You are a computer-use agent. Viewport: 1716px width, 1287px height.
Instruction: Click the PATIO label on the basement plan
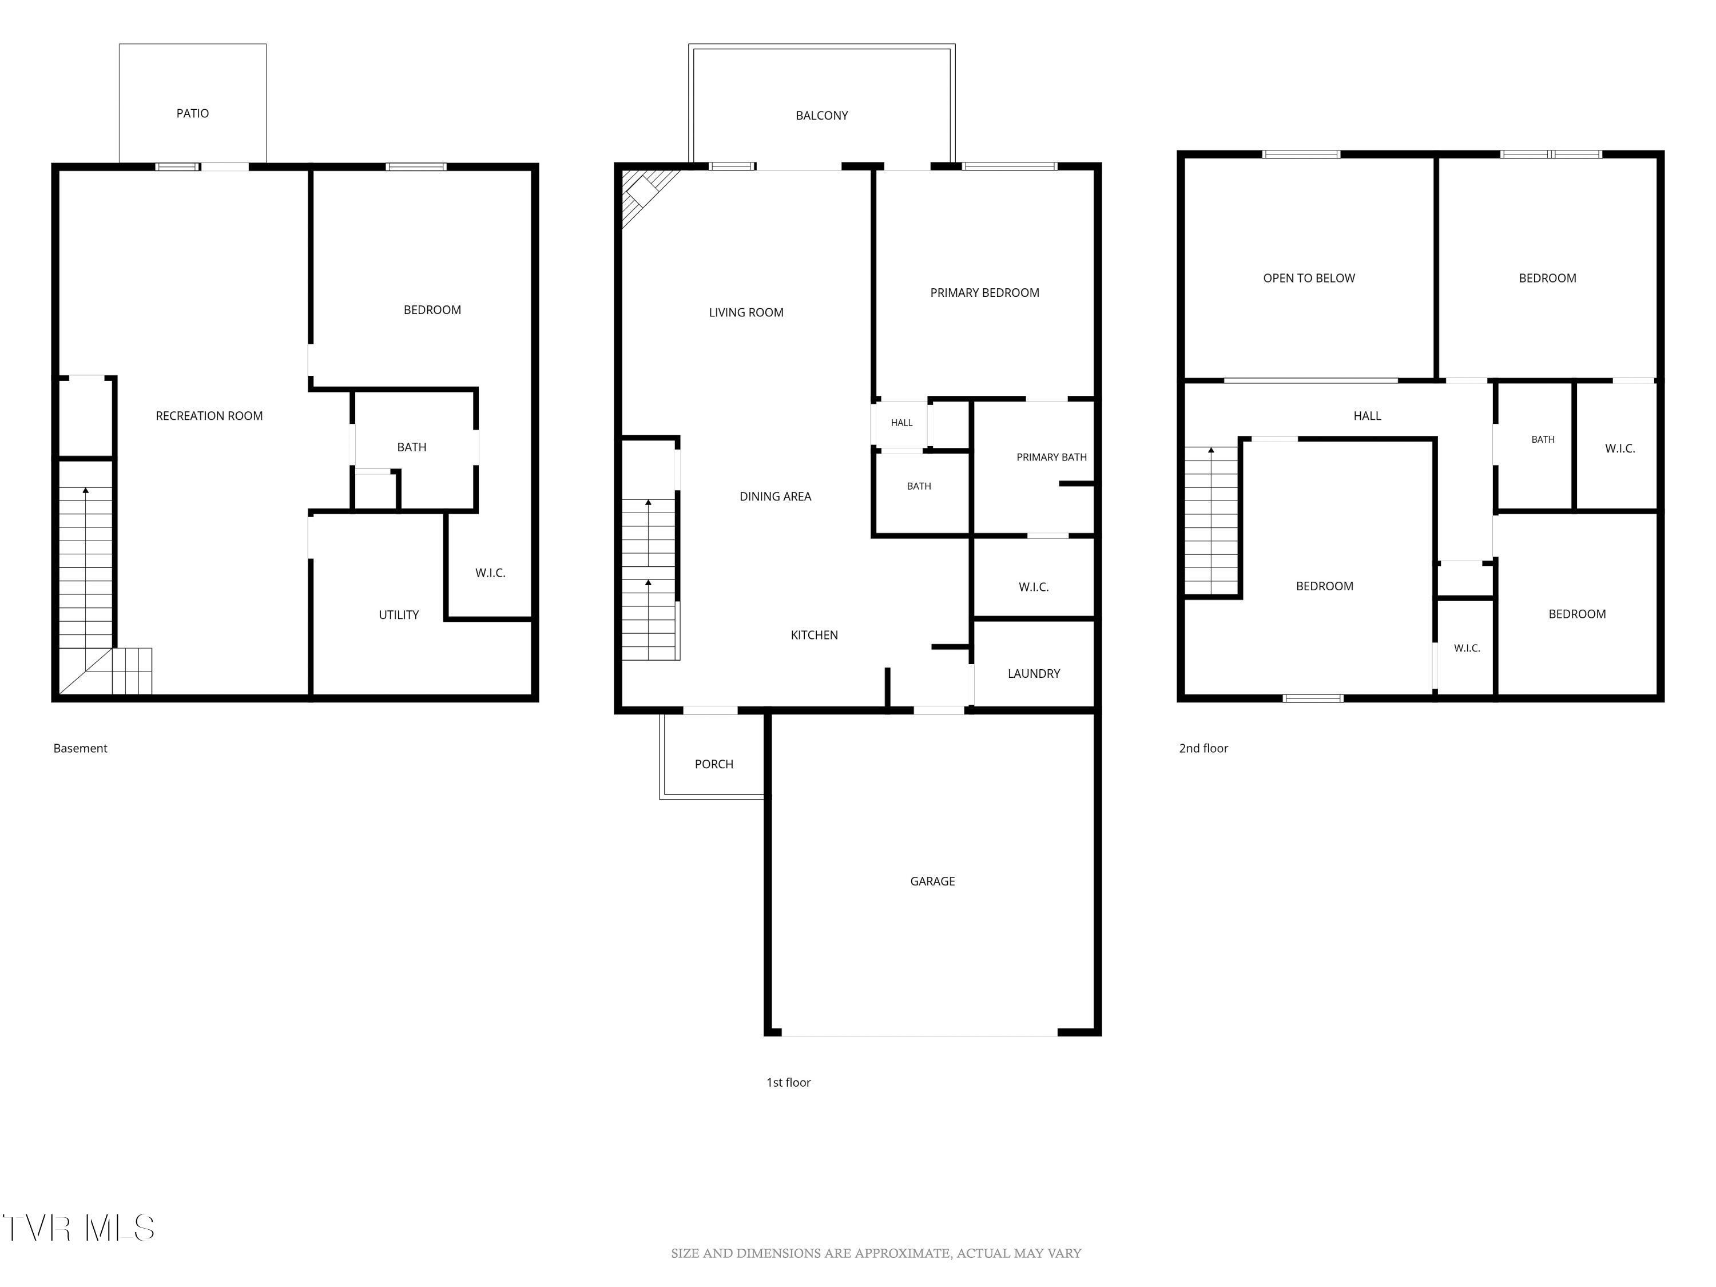click(192, 113)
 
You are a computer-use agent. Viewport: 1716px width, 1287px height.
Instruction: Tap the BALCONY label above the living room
click(821, 116)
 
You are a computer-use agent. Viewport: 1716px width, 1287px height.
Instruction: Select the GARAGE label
click(932, 881)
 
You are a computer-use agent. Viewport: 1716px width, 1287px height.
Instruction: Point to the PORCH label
click(714, 764)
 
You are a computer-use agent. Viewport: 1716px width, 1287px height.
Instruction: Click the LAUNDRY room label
click(1034, 673)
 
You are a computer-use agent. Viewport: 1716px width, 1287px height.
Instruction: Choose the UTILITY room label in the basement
click(399, 614)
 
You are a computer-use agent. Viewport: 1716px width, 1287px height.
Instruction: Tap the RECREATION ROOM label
click(209, 416)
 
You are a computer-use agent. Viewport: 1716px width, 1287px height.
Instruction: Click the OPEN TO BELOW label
click(1309, 278)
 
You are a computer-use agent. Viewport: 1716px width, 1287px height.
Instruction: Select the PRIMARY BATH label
click(1051, 457)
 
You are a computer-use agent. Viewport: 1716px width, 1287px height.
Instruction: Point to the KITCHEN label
click(814, 634)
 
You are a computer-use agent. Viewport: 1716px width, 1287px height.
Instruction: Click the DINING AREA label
click(775, 496)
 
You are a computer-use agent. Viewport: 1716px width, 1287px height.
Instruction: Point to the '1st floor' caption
click(788, 1082)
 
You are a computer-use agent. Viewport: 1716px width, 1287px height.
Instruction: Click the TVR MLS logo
click(78, 1228)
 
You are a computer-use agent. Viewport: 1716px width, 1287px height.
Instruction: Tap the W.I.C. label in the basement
click(490, 573)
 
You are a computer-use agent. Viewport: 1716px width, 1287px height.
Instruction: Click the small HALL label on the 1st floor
click(901, 423)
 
